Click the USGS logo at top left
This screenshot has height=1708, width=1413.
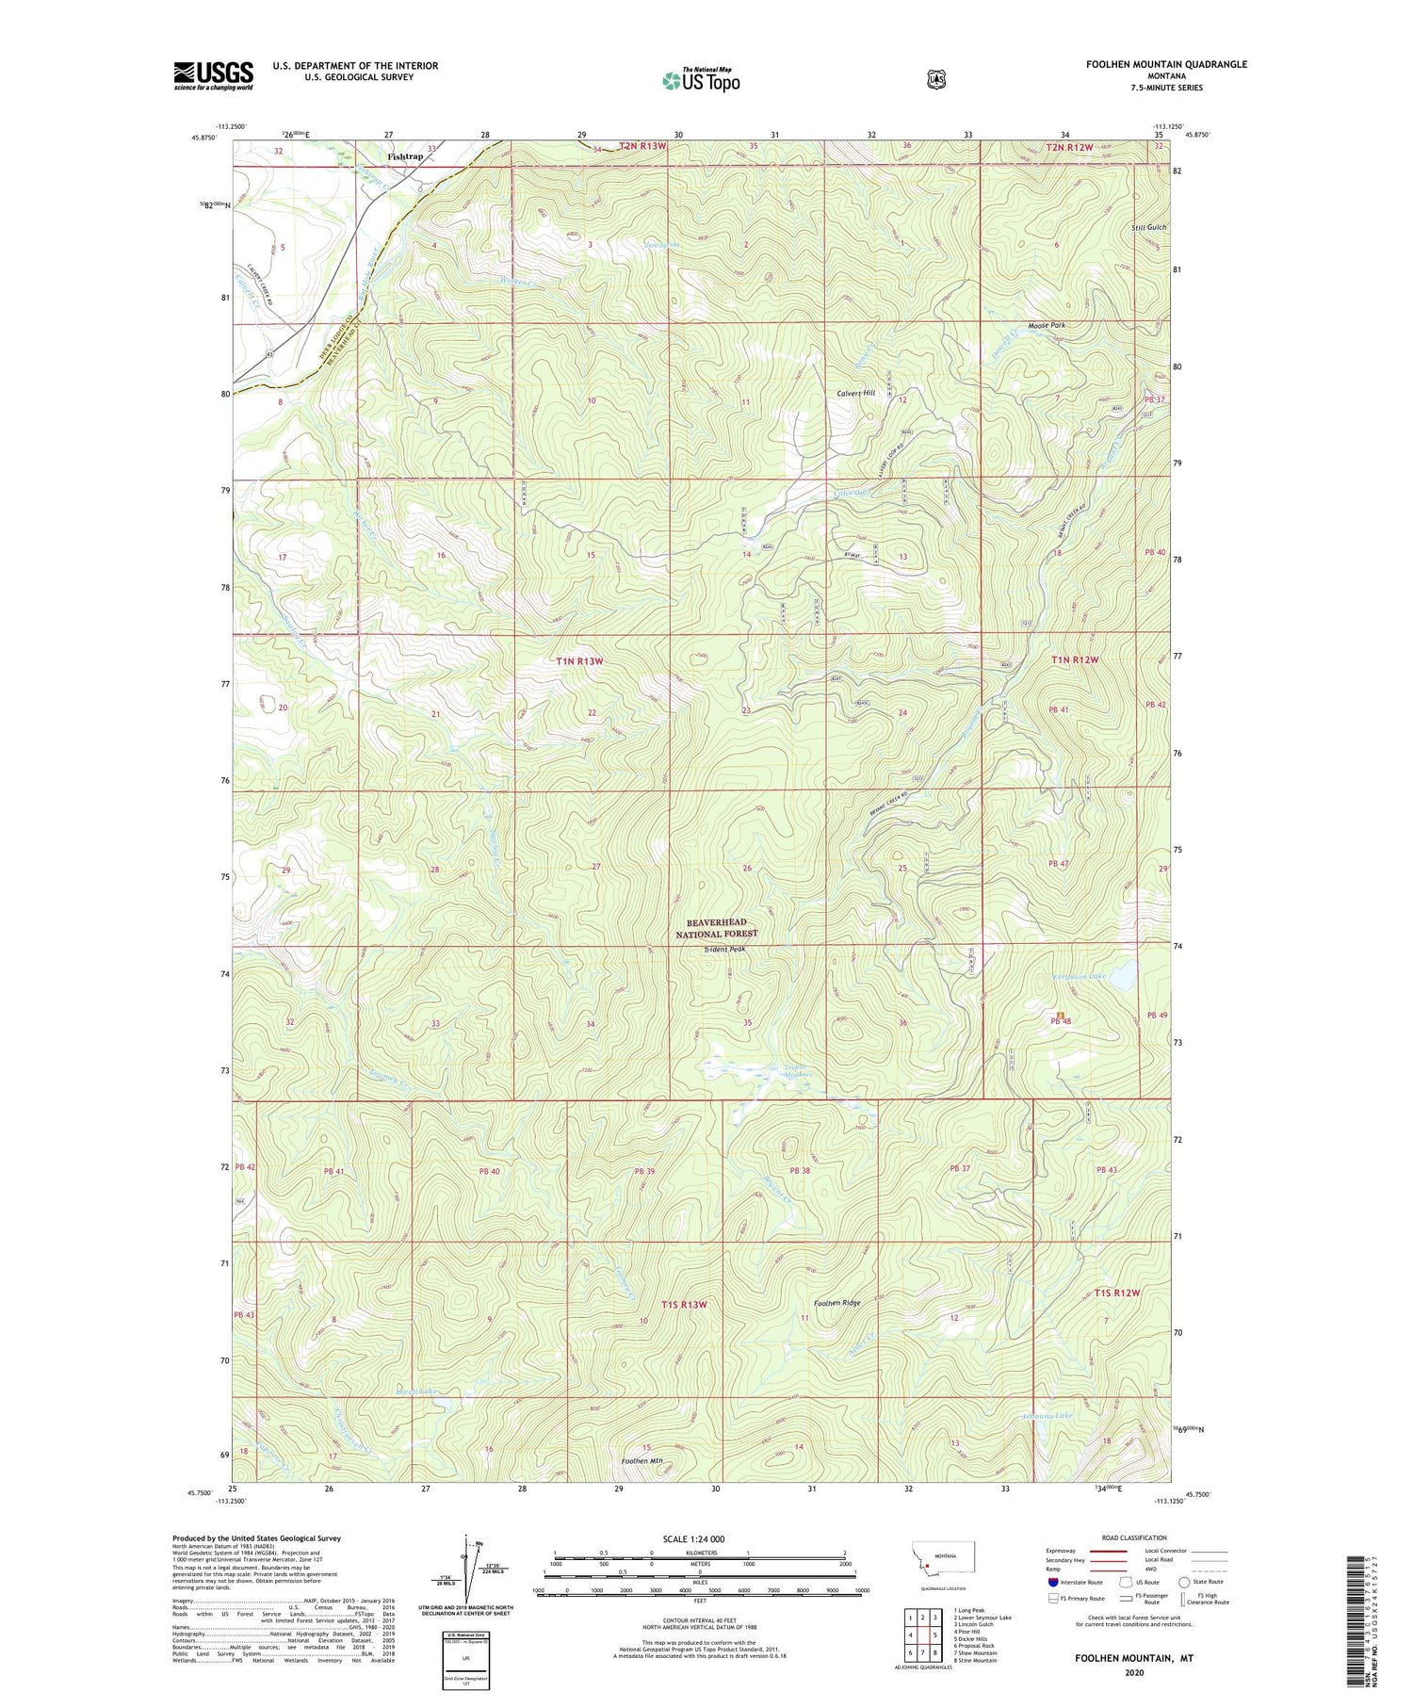tap(213, 75)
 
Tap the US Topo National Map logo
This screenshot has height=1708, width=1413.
tap(701, 80)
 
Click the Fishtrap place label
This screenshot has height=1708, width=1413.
tap(405, 156)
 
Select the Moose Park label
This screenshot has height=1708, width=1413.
tap(1042, 326)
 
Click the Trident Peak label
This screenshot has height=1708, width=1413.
tap(724, 950)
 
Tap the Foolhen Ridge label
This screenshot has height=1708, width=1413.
tap(837, 1303)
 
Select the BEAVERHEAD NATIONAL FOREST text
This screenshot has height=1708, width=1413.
tap(716, 928)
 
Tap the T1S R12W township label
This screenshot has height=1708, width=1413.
tap(1117, 1293)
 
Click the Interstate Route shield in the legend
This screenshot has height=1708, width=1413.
tap(1052, 1582)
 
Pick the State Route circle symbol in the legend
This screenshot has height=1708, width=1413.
tap(1183, 1582)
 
